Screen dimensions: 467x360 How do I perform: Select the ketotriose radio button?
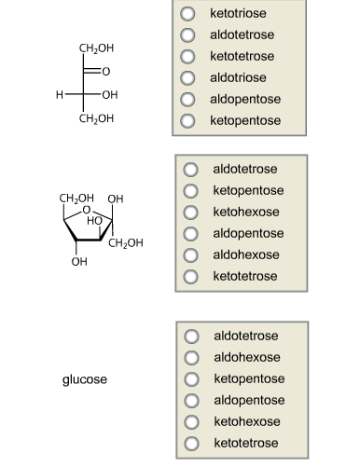(x=188, y=14)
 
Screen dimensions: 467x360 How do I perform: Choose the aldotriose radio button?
(x=188, y=78)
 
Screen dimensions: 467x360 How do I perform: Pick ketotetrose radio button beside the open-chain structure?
(x=188, y=57)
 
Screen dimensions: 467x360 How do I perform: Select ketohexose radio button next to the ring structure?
(x=191, y=213)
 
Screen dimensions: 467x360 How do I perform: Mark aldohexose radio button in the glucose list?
(x=191, y=357)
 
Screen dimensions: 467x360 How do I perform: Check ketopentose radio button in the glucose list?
(x=191, y=379)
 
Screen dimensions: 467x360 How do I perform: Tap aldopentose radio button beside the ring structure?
(x=191, y=234)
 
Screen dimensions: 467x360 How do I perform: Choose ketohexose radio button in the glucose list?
(x=191, y=422)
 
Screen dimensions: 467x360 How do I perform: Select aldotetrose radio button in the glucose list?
(x=191, y=336)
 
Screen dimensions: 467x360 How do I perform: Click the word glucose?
(x=85, y=380)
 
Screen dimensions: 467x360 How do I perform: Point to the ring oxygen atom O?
(x=87, y=210)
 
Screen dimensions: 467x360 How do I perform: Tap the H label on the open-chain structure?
(x=59, y=95)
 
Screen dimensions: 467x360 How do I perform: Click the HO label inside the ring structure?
(x=95, y=220)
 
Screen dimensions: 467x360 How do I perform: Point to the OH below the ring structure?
(x=79, y=261)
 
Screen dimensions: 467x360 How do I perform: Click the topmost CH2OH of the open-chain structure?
(x=97, y=48)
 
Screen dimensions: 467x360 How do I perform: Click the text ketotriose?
(x=239, y=14)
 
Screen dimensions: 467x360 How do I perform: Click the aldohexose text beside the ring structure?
(x=246, y=255)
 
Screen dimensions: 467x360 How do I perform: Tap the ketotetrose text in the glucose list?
(x=246, y=444)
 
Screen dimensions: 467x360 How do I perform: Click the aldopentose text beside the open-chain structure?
(x=245, y=100)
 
